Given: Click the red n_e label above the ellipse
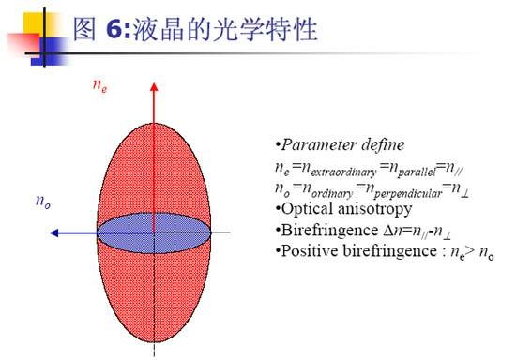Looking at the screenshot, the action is (99, 86).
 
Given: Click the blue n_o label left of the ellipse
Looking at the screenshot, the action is (43, 202).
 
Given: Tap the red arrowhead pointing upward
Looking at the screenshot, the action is (154, 87).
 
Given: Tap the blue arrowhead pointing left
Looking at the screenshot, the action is (54, 233).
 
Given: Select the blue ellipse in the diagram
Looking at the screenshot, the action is (154, 233).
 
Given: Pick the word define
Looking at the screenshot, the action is (383, 145).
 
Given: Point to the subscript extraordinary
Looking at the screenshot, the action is (343, 172).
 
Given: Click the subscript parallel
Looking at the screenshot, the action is (417, 172).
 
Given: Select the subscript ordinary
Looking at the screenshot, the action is (332, 194).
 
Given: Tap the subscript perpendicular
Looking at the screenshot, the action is (408, 194).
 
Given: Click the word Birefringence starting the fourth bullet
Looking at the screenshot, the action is (329, 231).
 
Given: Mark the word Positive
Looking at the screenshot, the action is (310, 251).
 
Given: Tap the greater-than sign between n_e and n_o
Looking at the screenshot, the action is (471, 251).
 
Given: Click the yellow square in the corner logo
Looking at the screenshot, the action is (37, 23).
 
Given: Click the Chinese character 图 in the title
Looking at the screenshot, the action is (84, 30).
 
